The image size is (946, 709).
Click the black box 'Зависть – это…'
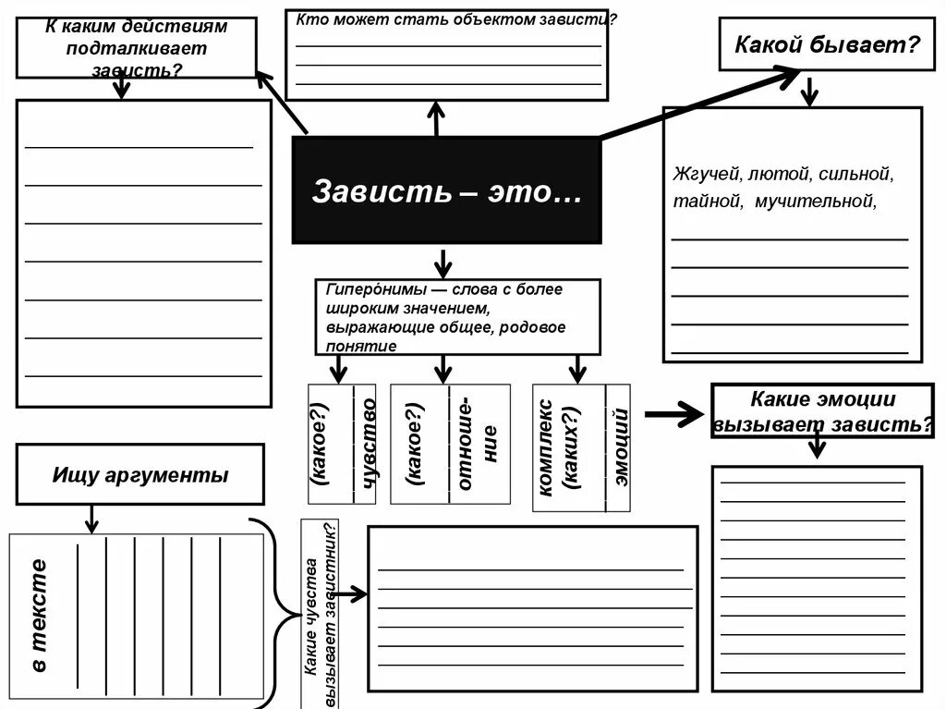446,190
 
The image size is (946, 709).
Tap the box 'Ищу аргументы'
139,474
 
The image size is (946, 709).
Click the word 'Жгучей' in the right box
708,174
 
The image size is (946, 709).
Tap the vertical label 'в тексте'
38,615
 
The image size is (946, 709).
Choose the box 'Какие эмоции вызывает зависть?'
821,411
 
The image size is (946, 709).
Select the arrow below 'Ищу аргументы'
91,519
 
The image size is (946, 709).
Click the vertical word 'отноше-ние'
478,444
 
